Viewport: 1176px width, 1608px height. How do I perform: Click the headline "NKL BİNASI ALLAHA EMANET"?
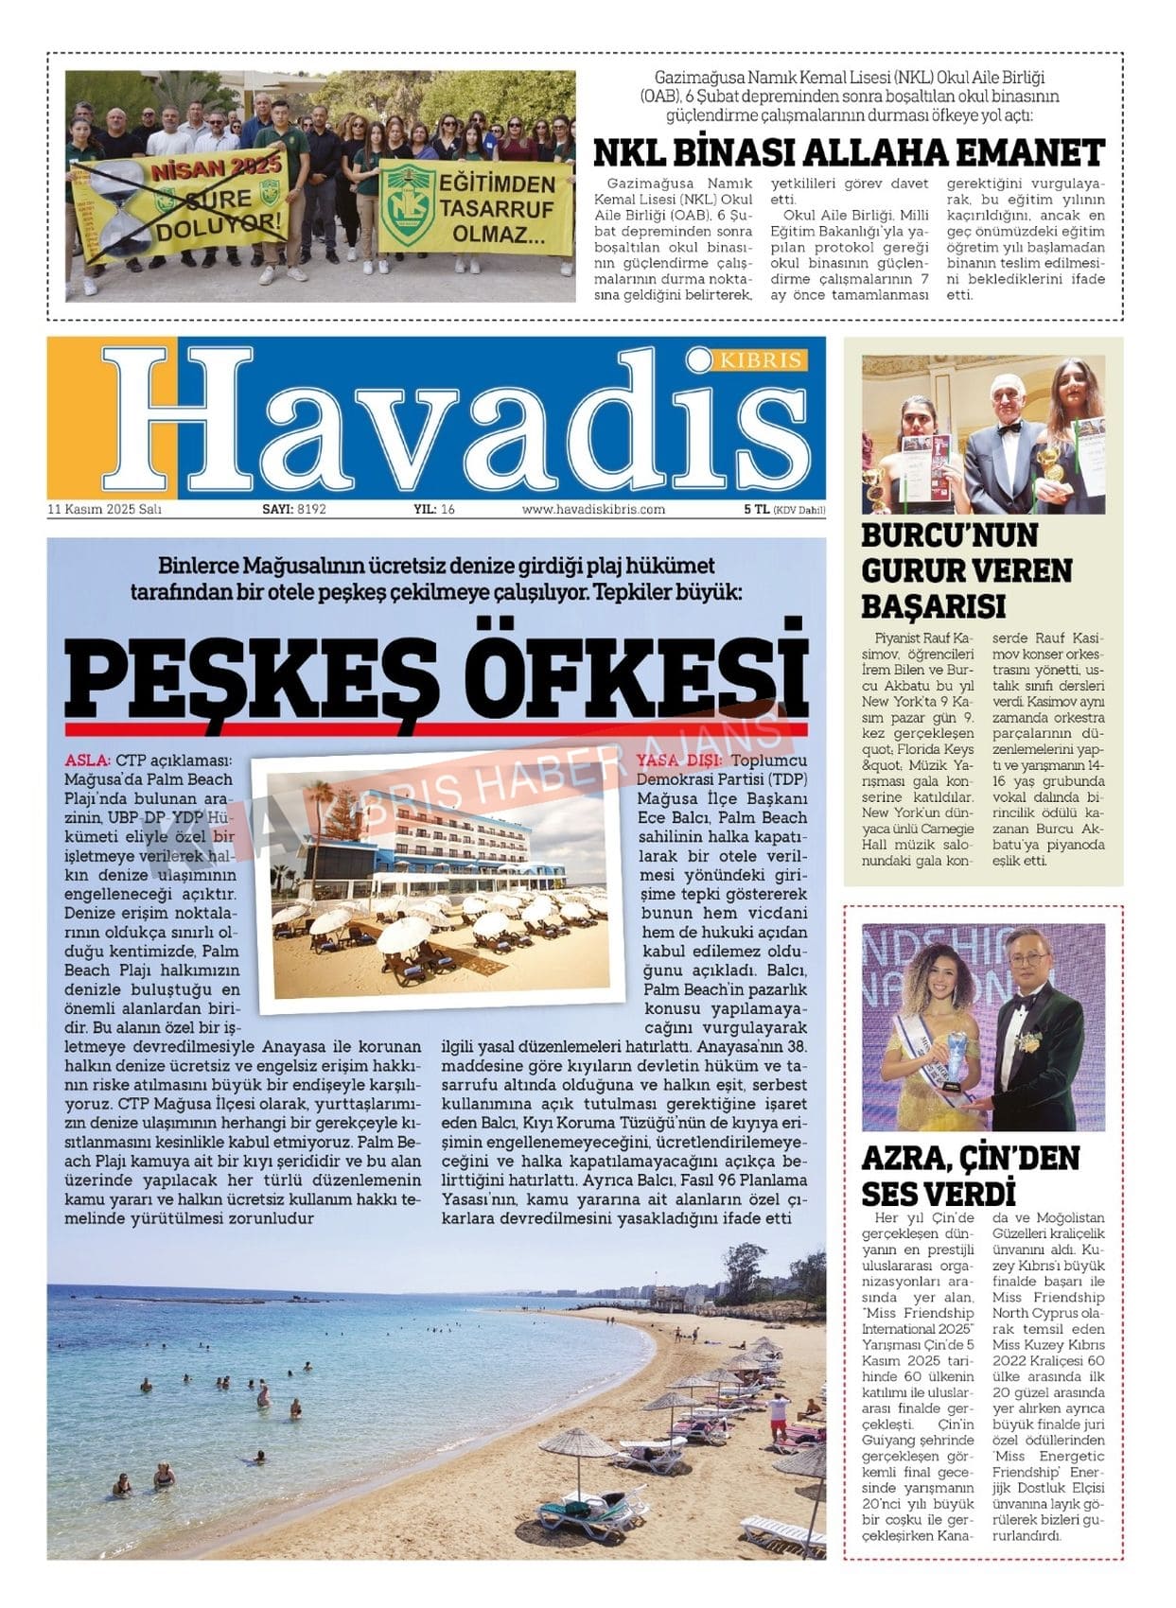coord(849,152)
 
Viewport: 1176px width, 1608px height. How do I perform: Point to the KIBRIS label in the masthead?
coord(762,360)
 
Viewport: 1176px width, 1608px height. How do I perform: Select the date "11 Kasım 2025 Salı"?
coord(105,509)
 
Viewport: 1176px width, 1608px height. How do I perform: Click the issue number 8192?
coord(311,509)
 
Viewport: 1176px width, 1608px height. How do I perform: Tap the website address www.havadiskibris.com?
coord(593,509)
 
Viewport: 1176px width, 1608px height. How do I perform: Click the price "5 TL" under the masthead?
coord(756,509)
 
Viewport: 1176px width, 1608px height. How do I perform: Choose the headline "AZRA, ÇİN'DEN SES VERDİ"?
coord(970,1175)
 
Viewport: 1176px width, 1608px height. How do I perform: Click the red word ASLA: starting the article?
coord(88,760)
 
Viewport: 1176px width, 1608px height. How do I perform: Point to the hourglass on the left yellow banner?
coord(118,205)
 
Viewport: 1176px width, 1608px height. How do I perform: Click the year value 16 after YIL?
coord(448,509)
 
